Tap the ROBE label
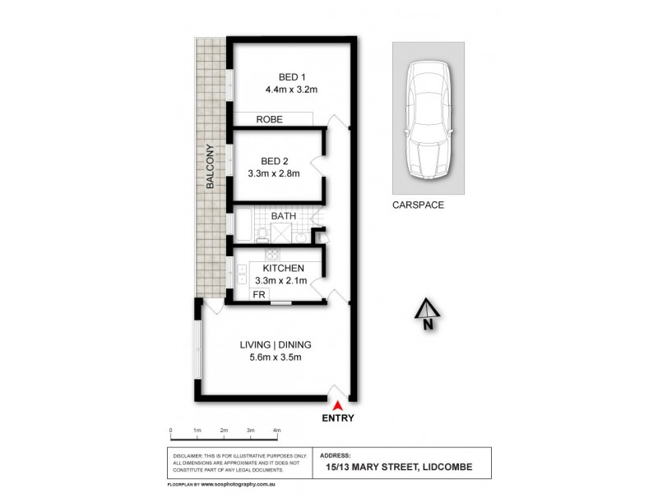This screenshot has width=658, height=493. pyautogui.click(x=269, y=119)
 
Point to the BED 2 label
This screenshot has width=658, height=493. pyautogui.click(x=275, y=160)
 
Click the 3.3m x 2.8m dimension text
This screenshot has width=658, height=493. pyautogui.click(x=275, y=173)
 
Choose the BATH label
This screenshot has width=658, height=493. pyautogui.click(x=284, y=216)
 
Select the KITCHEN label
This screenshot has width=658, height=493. pyautogui.click(x=284, y=269)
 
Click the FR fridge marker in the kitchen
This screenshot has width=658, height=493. pyautogui.click(x=257, y=294)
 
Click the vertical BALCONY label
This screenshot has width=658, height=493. pyautogui.click(x=211, y=168)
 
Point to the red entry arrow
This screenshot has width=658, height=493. pyautogui.click(x=337, y=403)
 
